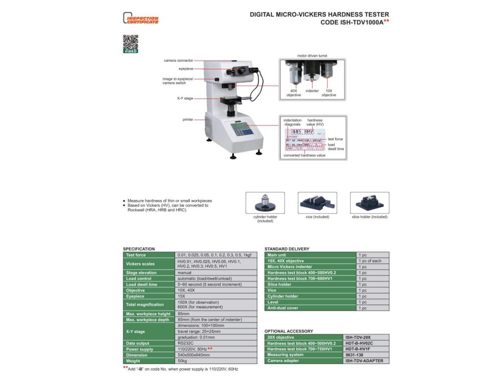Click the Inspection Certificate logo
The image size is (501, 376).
(x=140, y=19)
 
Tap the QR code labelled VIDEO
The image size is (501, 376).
(x=130, y=43)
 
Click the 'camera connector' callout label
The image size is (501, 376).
(x=178, y=60)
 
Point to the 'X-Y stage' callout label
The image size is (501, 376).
(x=185, y=98)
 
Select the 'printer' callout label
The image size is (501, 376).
(x=188, y=119)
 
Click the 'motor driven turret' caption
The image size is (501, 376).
(x=312, y=56)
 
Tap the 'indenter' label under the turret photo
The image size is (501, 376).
(x=312, y=91)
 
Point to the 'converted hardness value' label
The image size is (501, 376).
(x=304, y=155)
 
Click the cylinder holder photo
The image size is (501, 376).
(x=265, y=202)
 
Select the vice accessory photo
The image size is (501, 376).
(x=317, y=202)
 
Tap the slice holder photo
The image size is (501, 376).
(x=369, y=202)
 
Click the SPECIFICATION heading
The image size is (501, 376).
(x=139, y=249)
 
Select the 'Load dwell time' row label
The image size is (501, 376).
(x=142, y=284)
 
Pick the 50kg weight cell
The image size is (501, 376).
(x=182, y=361)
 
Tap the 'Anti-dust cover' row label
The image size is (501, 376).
(x=283, y=308)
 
